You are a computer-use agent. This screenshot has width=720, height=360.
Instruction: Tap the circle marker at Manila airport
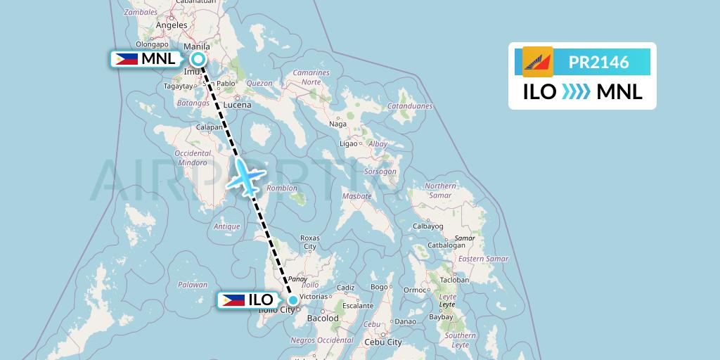(198, 59)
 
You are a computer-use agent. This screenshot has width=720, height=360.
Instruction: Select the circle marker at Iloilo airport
(292, 300)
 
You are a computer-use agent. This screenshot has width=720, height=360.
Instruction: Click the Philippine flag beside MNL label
(126, 59)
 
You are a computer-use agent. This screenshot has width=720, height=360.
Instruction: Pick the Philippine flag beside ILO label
(233, 300)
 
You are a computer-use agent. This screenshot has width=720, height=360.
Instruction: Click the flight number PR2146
(598, 62)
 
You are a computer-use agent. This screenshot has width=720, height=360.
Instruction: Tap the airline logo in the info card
(538, 62)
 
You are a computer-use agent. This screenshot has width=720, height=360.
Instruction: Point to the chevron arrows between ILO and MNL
(576, 92)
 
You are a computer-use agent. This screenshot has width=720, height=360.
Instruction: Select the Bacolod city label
(323, 318)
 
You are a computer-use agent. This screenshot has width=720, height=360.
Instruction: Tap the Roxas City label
(310, 242)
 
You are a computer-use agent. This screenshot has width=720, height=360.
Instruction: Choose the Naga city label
(338, 124)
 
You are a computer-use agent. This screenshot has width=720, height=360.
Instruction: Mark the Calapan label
(210, 127)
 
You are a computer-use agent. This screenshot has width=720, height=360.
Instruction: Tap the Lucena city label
(237, 105)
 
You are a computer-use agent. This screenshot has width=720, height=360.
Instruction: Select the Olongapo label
(153, 44)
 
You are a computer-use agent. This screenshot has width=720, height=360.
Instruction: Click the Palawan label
(192, 285)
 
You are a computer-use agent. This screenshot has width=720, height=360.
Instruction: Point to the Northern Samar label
(441, 190)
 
